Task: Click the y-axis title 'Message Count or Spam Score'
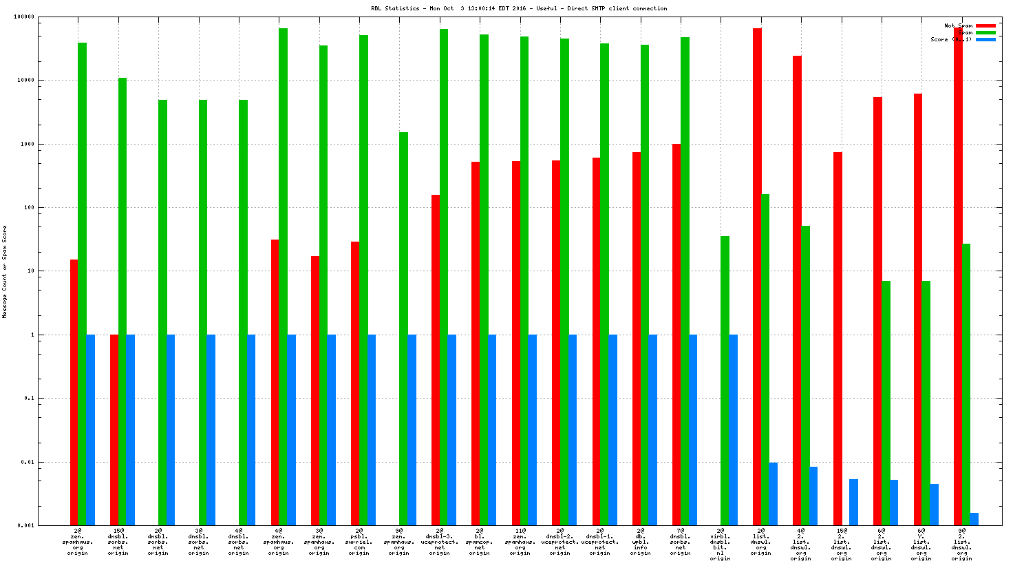pos(4,271)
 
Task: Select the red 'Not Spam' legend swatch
pos(985,25)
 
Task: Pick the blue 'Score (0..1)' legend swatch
pos(985,39)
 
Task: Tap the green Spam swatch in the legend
pos(985,32)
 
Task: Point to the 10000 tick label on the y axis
pos(25,81)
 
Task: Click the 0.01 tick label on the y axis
pos(28,462)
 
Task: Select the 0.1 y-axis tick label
pos(29,399)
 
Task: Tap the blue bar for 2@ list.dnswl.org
pos(773,494)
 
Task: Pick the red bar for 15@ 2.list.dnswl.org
pos(838,338)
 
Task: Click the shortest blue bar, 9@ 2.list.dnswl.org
pos(974,519)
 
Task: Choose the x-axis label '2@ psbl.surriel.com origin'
pos(359,542)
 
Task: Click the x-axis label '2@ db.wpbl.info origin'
pos(640,542)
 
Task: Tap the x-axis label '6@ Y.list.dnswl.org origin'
pos(921,542)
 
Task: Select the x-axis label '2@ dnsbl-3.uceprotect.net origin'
pos(439,542)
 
